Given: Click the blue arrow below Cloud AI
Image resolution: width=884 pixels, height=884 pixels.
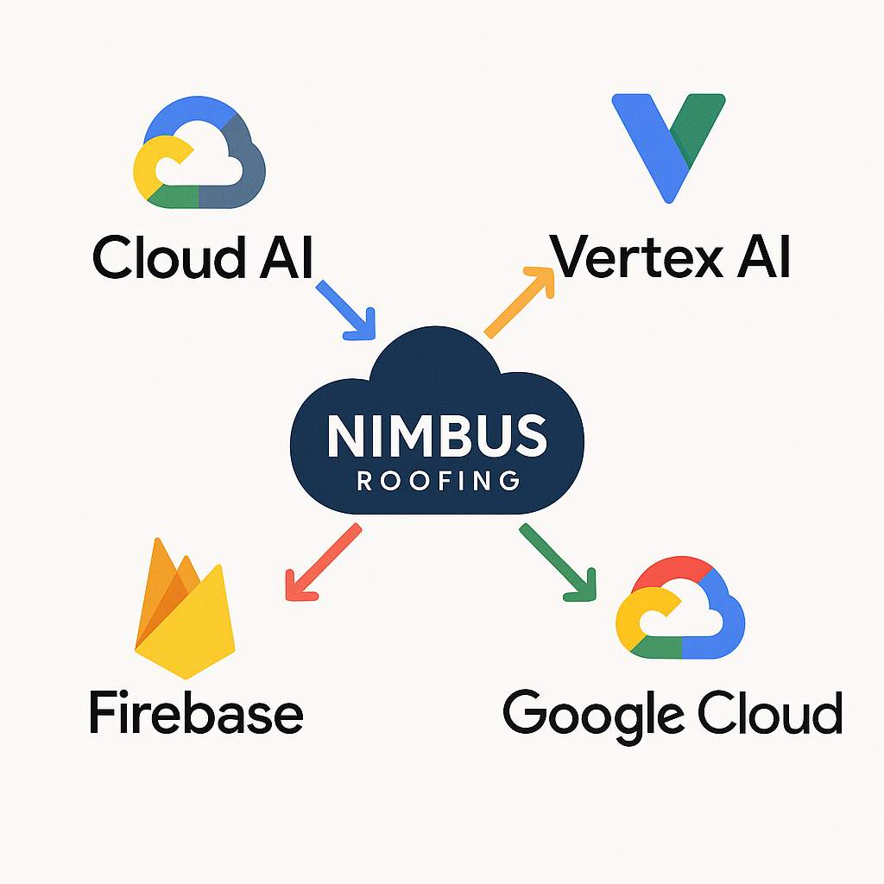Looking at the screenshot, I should point(347,308).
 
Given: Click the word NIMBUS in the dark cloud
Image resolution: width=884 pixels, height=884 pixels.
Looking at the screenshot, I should point(437,436).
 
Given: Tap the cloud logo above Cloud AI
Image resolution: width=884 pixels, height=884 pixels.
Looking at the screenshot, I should point(200,157).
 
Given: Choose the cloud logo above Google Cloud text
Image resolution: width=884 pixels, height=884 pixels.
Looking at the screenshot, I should point(680,609).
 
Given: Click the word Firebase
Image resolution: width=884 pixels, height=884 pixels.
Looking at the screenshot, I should point(196,713).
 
